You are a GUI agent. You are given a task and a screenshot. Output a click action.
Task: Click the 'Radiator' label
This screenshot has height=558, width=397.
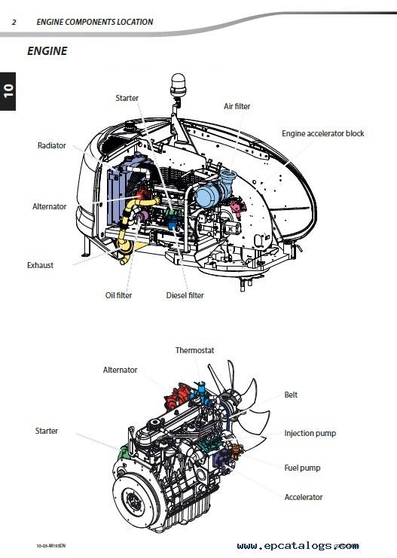coord(52,145)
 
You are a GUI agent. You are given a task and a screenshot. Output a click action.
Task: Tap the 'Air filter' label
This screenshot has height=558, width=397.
coord(237,106)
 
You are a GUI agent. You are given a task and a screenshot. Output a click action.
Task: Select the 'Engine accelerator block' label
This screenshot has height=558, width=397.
coord(323,133)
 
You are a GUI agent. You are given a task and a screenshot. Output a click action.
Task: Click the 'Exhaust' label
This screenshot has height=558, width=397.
coord(40,265)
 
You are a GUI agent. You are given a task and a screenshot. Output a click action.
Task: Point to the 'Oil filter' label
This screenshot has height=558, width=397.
coord(118,295)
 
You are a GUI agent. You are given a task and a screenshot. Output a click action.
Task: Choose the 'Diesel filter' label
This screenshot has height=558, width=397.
coord(185,295)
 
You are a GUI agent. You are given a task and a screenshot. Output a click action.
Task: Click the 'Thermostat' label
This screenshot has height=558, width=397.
coord(195,350)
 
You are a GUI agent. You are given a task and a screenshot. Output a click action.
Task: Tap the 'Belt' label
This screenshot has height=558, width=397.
coord(291,395)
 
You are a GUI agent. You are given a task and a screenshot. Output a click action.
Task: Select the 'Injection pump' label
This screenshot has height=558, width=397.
coord(310,434)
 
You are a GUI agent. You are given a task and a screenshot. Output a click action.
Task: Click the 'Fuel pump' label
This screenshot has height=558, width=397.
coord(302,468)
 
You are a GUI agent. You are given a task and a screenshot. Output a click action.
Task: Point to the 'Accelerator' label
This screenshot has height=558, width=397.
coord(304,497)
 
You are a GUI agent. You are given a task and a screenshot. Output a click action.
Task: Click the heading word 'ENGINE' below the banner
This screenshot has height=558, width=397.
coord(47,51)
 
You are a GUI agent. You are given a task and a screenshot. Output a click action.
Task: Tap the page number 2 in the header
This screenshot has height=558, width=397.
coord(14,22)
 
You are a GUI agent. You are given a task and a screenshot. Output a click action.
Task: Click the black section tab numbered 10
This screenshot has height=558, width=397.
coord(8,91)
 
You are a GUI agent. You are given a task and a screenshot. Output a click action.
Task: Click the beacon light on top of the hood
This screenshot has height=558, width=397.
coord(178,85)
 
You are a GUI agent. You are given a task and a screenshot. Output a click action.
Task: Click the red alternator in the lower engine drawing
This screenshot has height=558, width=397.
coord(176,396)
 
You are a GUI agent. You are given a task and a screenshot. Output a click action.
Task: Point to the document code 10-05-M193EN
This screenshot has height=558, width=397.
coord(51,546)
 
